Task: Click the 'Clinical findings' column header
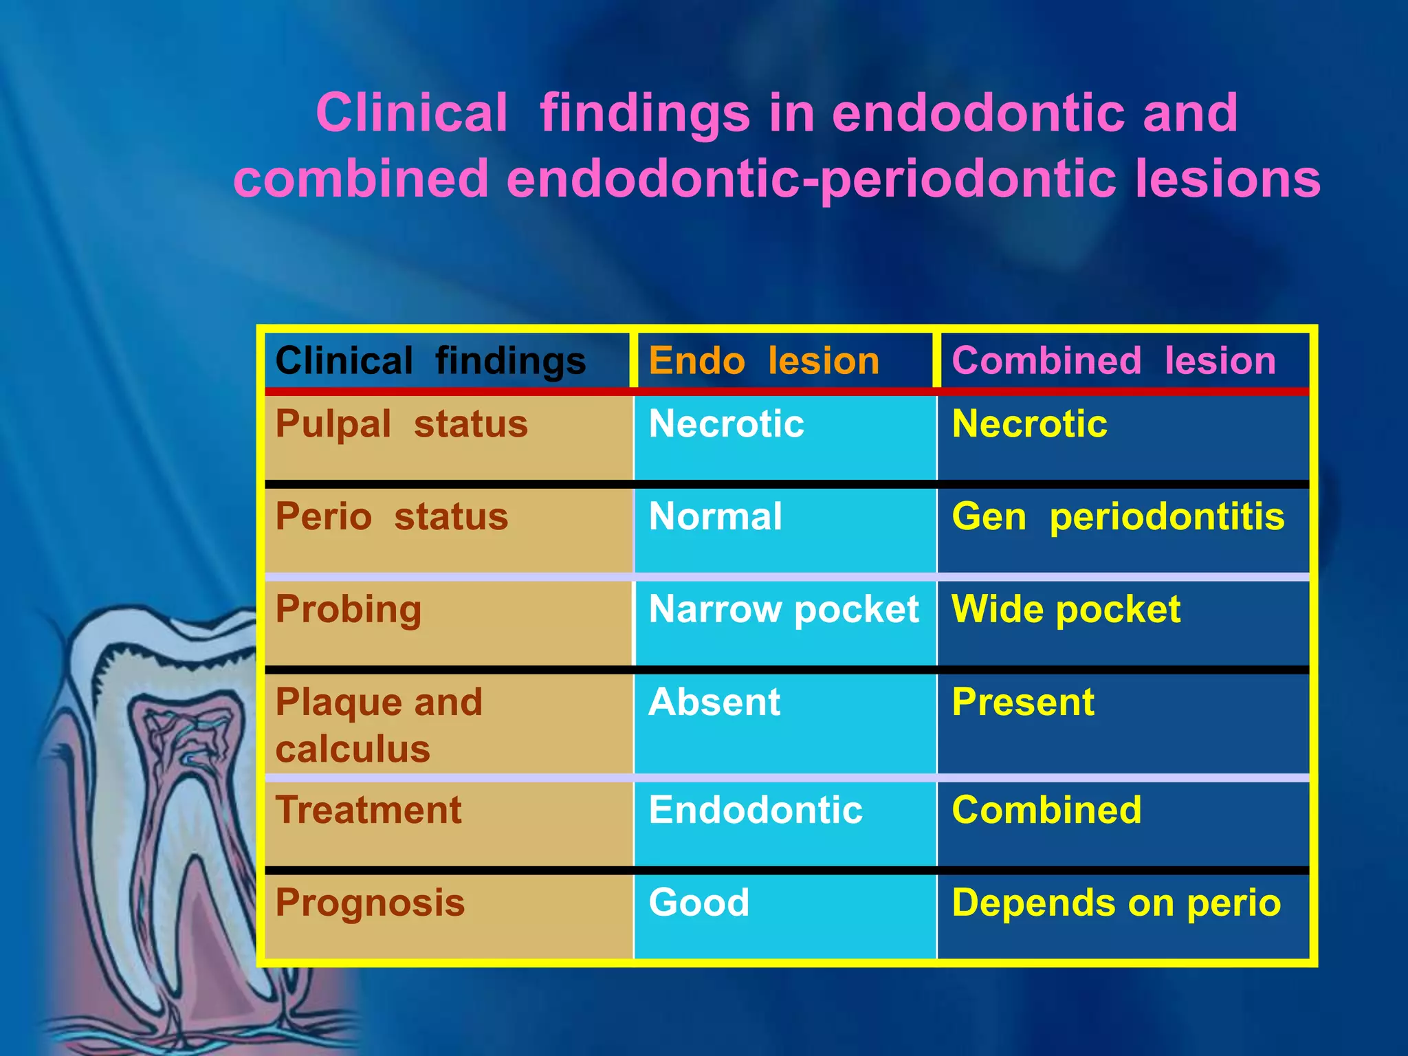[430, 361]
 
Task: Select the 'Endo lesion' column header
[764, 361]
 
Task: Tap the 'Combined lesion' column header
[1113, 361]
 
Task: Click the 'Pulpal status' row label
[401, 424]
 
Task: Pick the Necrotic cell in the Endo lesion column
[726, 424]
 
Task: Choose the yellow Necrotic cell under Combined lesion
[1029, 424]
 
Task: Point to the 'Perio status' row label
[392, 517]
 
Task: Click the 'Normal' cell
[715, 517]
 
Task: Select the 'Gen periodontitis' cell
[1118, 517]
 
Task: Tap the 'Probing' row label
[349, 610]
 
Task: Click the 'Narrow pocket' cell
[784, 610]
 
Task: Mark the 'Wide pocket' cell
[1066, 610]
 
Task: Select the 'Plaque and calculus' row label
[378, 725]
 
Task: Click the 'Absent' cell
[714, 703]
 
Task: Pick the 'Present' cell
[1023, 703]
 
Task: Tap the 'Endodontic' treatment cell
[755, 810]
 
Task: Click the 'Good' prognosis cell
[698, 903]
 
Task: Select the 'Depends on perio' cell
[1116, 903]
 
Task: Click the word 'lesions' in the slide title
[1227, 179]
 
